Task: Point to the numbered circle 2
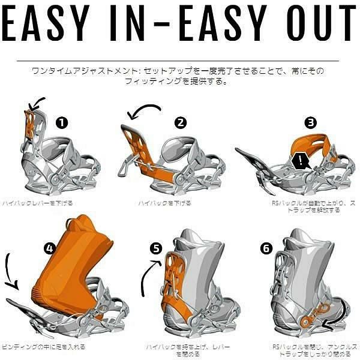point(181,122)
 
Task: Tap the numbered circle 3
point(310,122)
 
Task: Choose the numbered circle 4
point(50,247)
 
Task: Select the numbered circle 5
point(156,247)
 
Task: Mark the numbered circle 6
point(265,247)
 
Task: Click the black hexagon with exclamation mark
point(298,161)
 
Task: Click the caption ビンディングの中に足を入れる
point(43,347)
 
